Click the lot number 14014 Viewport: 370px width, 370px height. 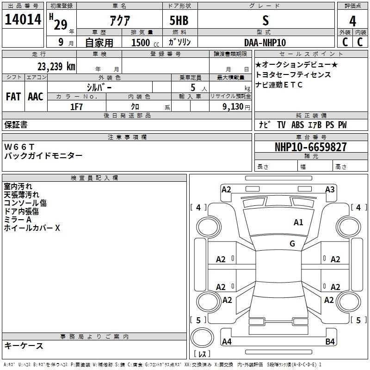(x=23, y=19)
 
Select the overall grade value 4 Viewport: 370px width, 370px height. (x=352, y=21)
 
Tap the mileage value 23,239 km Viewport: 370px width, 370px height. (x=56, y=67)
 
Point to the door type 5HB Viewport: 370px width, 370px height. (x=179, y=20)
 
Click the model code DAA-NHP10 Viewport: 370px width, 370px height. (x=265, y=43)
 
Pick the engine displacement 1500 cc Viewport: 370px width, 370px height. (x=145, y=43)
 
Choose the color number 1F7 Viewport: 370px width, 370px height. (x=76, y=107)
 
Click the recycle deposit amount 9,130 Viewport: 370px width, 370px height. (x=233, y=106)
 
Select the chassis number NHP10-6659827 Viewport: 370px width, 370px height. (x=311, y=147)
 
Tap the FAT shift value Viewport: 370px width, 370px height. (x=13, y=96)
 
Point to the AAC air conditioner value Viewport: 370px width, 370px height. (x=36, y=96)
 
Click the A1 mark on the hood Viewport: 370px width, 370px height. (x=298, y=222)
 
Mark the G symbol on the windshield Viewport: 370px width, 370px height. (x=292, y=243)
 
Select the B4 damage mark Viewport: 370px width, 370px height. (x=330, y=341)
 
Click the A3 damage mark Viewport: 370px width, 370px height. (x=330, y=189)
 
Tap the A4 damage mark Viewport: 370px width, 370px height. (x=227, y=341)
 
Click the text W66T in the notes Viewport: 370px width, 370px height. (x=19, y=147)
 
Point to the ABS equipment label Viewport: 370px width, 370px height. (x=297, y=125)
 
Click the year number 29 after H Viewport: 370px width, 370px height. (x=61, y=25)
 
